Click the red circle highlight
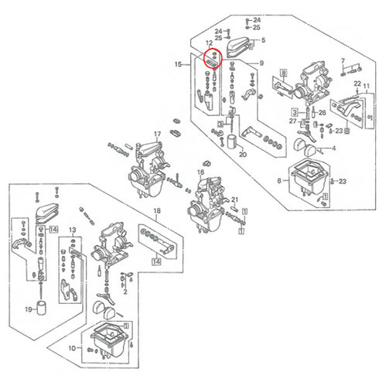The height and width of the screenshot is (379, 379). coord(211,58)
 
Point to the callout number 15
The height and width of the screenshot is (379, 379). coord(179,65)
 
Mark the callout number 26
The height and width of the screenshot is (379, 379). coord(321,112)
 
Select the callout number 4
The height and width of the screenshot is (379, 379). coord(333,147)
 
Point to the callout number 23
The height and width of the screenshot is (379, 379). coord(343,180)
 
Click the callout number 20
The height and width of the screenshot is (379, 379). coord(242,155)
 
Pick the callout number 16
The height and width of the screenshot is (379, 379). coord(200,172)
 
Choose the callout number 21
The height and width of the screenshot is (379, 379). coord(234,200)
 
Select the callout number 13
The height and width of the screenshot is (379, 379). coord(72,230)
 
